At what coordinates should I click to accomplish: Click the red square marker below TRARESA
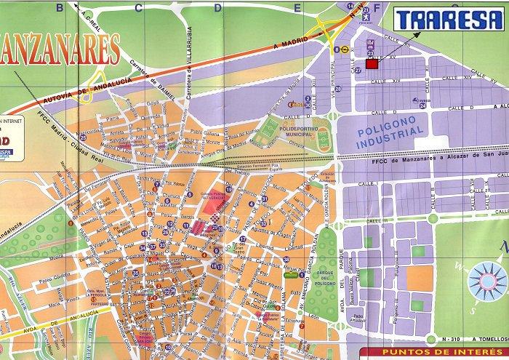coord(372,64)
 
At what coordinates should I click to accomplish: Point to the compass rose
coord(481,281)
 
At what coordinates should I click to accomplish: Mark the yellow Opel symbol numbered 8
coord(342,50)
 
